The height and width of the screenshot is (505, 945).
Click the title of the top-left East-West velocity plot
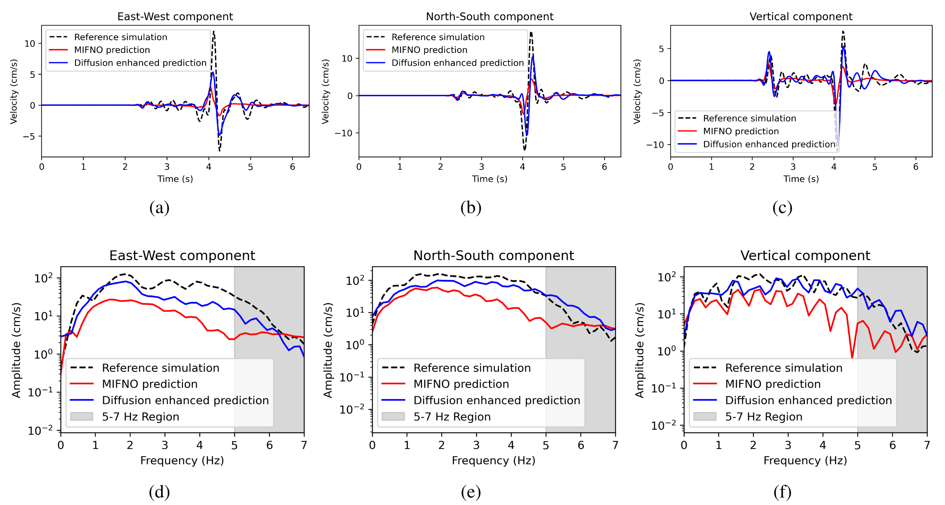point(175,17)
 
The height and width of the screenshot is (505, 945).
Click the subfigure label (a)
point(159,207)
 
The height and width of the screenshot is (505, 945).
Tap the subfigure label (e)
point(471,492)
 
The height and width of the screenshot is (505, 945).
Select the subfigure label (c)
point(782,207)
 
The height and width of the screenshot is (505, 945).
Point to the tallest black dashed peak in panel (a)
point(213,32)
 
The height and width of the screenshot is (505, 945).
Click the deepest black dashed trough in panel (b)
point(524,150)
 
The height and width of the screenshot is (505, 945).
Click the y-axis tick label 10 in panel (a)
point(30,44)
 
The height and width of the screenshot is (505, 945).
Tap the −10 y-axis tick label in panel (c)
point(655,145)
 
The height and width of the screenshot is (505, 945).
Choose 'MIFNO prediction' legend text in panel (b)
point(429,50)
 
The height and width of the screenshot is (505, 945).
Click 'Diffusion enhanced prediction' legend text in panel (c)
point(769,144)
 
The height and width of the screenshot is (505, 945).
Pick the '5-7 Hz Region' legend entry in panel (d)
point(140,417)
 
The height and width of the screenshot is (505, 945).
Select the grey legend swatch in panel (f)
point(705,417)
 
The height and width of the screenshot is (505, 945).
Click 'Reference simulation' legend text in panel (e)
point(472,368)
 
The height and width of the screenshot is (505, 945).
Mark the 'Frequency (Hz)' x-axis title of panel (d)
point(182,461)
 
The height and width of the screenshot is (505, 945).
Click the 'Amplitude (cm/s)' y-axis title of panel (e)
point(328,350)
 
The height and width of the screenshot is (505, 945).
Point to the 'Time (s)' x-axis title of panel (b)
point(489,179)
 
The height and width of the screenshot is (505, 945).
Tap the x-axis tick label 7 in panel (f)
point(927,445)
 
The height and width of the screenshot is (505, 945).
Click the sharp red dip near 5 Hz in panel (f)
point(852,357)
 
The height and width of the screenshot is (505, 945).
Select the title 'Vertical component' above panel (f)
point(805,256)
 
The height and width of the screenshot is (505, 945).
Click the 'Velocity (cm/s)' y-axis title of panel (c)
point(637,92)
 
